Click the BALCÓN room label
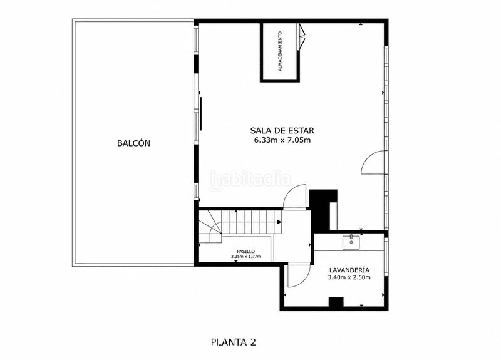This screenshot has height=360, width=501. pyautogui.click(x=133, y=143)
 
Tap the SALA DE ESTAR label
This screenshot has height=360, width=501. pyautogui.click(x=282, y=130)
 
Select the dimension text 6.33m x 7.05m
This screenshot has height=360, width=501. pyautogui.click(x=282, y=140)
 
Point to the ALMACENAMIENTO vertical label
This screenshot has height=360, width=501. pyautogui.click(x=280, y=51)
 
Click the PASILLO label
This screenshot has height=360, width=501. pyautogui.click(x=245, y=252)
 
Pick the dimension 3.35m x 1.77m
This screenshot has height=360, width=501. pyautogui.click(x=245, y=257)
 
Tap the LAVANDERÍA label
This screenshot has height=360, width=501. pyautogui.click(x=349, y=270)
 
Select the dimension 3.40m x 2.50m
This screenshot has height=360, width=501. pyautogui.click(x=349, y=277)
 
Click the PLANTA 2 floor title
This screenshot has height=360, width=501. pyautogui.click(x=234, y=342)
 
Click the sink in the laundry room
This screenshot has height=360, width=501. pyautogui.click(x=351, y=242)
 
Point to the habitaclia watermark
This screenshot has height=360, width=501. pyautogui.click(x=250, y=180)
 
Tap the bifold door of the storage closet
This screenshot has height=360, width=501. pyautogui.click(x=301, y=36)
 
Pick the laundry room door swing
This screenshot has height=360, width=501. pyautogui.click(x=299, y=275)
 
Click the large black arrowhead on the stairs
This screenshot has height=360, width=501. pyautogui.click(x=279, y=222)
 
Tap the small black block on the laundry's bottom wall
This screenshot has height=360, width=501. pyautogui.click(x=336, y=302)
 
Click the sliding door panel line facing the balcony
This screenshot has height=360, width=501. pyautogui.click(x=201, y=114)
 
